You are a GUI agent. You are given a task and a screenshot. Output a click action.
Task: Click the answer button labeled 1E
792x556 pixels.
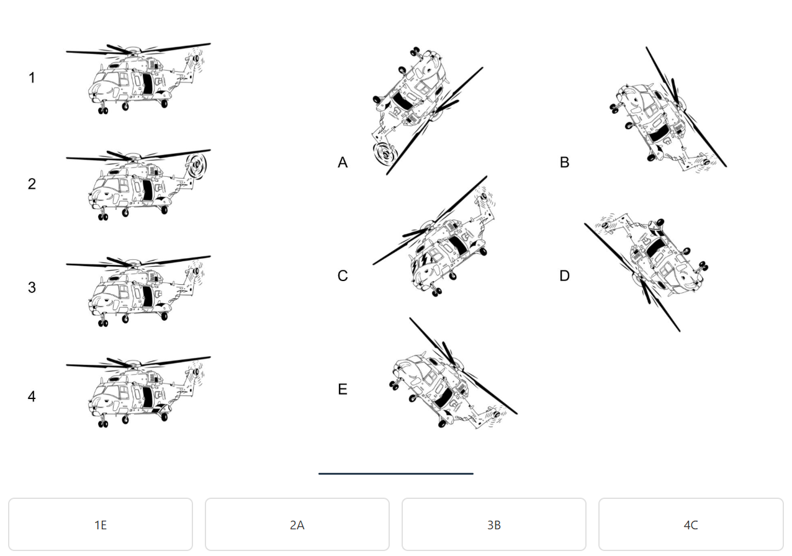101,524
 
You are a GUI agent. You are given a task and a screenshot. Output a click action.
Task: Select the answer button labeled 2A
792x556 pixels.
297,524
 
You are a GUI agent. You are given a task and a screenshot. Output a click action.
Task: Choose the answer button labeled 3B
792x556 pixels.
494,524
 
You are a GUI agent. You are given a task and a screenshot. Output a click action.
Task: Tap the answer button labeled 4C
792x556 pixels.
691,524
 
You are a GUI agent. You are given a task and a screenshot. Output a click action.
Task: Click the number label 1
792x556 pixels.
32,78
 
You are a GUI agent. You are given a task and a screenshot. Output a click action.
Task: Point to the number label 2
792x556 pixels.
32,184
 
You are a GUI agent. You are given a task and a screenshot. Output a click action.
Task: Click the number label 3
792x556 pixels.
32,287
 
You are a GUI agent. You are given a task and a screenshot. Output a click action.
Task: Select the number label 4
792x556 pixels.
32,397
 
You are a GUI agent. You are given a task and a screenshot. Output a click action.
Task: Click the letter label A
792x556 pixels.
343,163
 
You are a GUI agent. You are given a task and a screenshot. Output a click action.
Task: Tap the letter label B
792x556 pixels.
565,163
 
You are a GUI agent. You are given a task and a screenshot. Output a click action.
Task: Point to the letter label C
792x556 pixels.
343,276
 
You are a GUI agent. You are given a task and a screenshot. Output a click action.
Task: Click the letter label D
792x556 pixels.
565,276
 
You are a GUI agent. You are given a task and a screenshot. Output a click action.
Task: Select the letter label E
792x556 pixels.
343,389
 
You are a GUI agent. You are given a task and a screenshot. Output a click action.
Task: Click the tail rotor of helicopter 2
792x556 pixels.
197,165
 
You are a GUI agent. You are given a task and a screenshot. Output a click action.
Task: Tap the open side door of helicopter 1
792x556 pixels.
147,84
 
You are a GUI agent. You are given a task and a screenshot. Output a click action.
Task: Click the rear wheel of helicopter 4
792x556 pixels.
164,418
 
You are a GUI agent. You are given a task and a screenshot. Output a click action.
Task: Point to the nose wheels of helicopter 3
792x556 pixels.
103,323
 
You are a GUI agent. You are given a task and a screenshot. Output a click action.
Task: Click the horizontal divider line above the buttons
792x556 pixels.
395,473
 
